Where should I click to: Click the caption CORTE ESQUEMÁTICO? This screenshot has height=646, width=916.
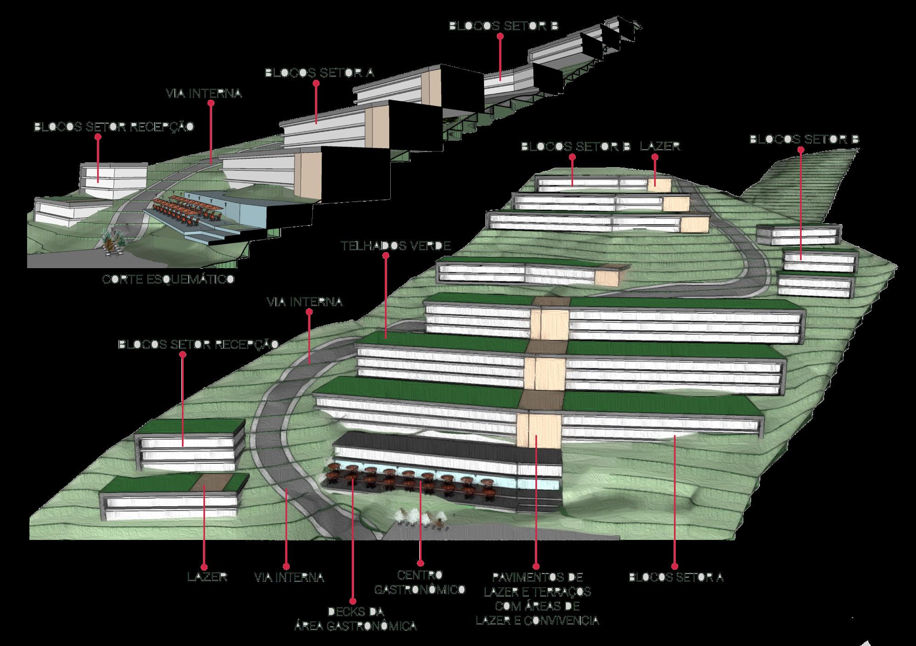168,279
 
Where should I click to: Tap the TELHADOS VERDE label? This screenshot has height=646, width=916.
396,246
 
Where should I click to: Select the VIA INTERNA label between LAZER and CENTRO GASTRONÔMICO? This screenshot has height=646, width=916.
289,577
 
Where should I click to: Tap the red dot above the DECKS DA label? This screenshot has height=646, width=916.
353,601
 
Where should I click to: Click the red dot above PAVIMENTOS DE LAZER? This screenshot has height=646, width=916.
536,567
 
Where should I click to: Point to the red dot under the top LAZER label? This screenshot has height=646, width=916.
655,157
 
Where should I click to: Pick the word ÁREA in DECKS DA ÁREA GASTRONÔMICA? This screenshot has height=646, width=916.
314,626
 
